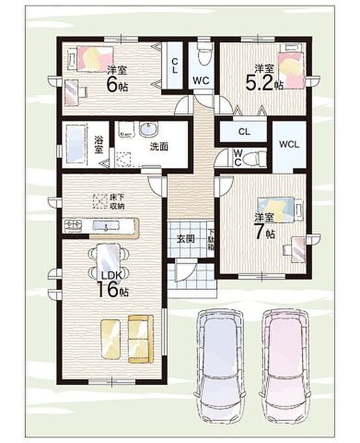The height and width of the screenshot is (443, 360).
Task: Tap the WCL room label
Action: pos(289,145)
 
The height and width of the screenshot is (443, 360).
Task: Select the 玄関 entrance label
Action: pos(186,239)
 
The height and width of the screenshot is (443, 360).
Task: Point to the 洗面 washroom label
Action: pos(159,147)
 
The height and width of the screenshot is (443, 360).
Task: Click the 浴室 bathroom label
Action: pos(98,145)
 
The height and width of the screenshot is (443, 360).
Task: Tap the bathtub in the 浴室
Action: pos(76,145)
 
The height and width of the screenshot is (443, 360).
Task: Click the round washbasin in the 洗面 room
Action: pos(149,129)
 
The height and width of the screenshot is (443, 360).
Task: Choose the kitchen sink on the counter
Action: pos(106,226)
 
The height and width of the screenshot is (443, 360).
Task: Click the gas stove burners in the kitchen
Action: pos(73,225)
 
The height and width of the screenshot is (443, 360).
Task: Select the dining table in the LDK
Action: pos(109,259)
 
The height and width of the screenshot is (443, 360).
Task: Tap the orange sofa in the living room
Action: pos(141,339)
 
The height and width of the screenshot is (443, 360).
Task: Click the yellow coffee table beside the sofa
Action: pos(111,339)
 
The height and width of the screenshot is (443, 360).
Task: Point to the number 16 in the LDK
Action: pos(107,290)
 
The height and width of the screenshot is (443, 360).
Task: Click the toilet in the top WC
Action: pos(204,53)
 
